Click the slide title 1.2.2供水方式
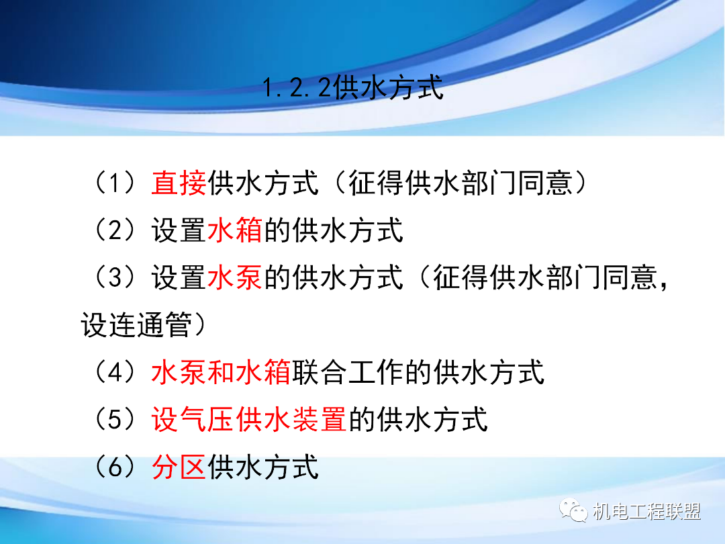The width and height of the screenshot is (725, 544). tap(353, 88)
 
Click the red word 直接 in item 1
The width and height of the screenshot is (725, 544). tap(179, 183)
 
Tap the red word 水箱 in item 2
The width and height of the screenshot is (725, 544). tap(235, 230)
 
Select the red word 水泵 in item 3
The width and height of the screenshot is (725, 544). tap(235, 277)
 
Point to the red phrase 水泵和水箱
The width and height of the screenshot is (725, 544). tap(221, 372)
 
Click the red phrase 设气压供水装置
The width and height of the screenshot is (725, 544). tap(249, 420)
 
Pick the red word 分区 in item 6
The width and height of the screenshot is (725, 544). tap(179, 467)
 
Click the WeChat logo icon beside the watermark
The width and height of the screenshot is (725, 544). tap(576, 511)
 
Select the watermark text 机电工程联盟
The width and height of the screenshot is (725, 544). tap(647, 512)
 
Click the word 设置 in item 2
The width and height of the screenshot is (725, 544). tap(179, 230)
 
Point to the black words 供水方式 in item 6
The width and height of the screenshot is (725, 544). tap(263, 467)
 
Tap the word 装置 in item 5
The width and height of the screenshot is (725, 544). tap(320, 420)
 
